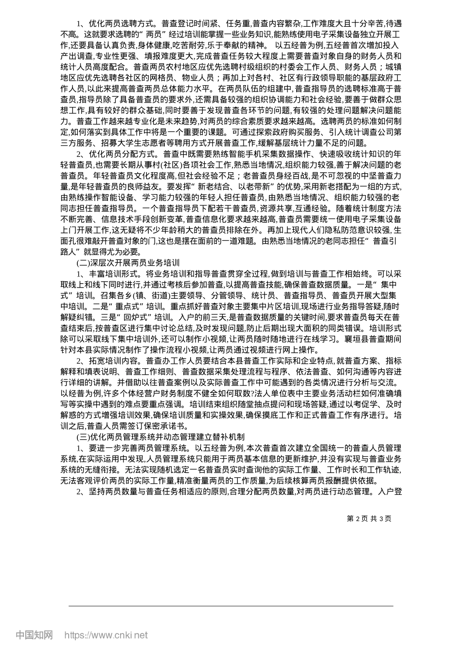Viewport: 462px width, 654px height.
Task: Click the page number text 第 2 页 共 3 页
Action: (369, 518)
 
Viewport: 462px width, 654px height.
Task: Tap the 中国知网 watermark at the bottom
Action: (34, 635)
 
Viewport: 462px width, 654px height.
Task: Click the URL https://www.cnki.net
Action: (106, 635)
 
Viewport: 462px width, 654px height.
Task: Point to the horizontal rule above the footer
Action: (231, 606)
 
